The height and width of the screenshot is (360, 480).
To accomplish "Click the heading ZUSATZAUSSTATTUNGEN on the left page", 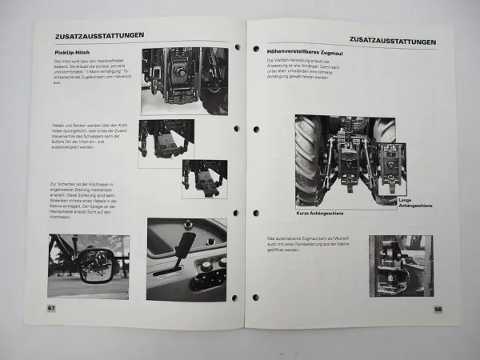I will (x=99, y=36).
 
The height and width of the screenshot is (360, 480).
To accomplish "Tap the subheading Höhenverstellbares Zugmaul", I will (x=305, y=51).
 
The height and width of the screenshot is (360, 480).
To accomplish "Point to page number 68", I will (x=438, y=309).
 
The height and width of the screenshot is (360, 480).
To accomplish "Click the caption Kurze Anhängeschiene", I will (x=319, y=214).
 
